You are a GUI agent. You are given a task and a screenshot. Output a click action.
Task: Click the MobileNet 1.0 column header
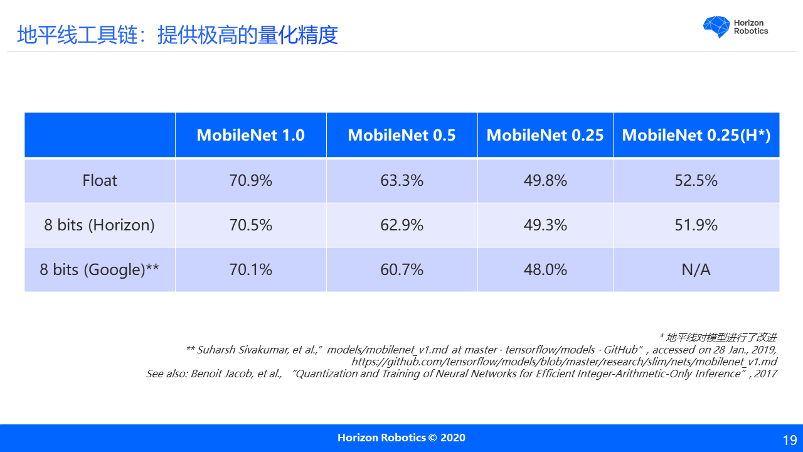point(250,135)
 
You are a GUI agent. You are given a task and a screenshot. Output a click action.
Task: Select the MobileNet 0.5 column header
point(401,135)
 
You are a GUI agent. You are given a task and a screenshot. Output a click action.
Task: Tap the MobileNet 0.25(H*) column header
point(696,135)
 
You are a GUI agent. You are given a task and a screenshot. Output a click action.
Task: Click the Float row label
point(100,181)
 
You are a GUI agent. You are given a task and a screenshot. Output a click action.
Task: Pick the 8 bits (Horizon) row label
point(99,225)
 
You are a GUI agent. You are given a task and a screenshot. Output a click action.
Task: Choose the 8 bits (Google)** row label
point(99,269)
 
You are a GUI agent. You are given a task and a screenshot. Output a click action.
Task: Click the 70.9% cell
point(250,181)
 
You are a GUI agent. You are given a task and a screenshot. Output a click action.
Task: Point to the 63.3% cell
point(401,181)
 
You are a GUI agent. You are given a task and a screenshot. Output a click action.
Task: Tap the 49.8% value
point(545,181)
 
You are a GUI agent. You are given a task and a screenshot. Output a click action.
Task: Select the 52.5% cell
point(696,181)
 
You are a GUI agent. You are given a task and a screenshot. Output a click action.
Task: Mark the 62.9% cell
point(401,225)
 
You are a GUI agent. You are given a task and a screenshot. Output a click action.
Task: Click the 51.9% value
point(696,225)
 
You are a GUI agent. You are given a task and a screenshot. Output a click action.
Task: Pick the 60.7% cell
point(401,269)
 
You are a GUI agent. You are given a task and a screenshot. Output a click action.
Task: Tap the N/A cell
point(696,269)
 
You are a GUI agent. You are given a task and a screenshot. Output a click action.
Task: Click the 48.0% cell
point(545,269)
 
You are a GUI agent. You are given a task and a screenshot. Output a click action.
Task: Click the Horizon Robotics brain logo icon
point(716,27)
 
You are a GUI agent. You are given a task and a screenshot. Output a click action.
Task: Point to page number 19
point(790,440)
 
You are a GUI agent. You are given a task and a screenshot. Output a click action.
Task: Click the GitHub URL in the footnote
point(563,362)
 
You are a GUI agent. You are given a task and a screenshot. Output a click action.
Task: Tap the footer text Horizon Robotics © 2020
point(401,438)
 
